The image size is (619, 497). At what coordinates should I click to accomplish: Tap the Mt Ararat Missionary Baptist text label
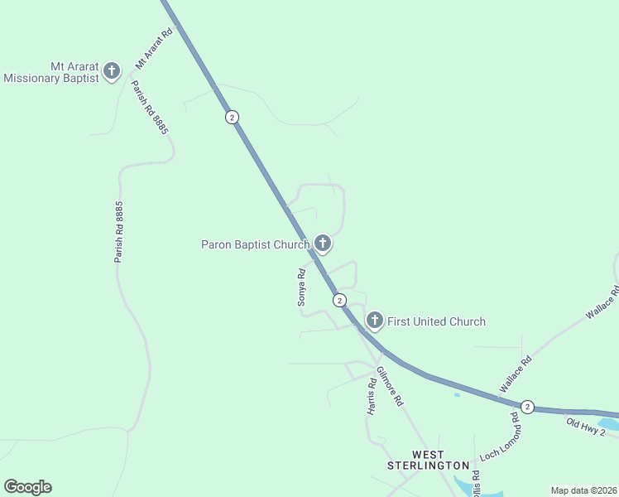click(51, 73)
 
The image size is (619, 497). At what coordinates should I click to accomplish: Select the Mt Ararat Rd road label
click(153, 49)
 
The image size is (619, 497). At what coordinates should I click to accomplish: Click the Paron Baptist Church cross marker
click(323, 244)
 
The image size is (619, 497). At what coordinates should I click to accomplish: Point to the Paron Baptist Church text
click(255, 244)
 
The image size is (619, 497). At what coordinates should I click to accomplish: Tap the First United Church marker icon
click(375, 321)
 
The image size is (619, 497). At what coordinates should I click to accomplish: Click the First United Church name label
click(436, 321)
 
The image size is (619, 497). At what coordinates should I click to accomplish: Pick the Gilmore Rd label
click(389, 386)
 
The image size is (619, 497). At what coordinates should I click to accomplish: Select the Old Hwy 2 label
click(592, 425)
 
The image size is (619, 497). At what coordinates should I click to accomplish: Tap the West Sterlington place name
click(428, 461)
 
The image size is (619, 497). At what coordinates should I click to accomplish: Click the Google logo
click(27, 487)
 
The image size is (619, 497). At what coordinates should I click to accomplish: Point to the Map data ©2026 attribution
click(583, 490)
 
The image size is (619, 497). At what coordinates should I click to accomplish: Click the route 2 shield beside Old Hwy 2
click(527, 407)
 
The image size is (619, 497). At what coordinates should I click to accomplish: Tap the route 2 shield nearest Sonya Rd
click(339, 299)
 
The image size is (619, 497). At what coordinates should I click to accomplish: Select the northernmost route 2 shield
click(232, 117)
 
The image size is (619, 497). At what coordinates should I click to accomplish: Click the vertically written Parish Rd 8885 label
click(119, 232)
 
